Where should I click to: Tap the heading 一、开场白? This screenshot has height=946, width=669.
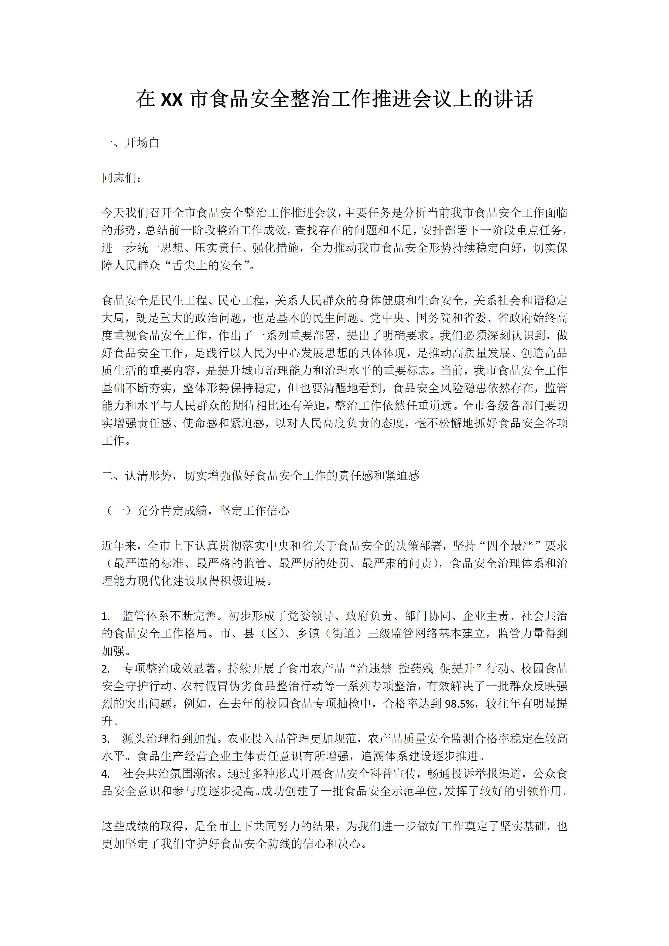(x=130, y=143)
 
